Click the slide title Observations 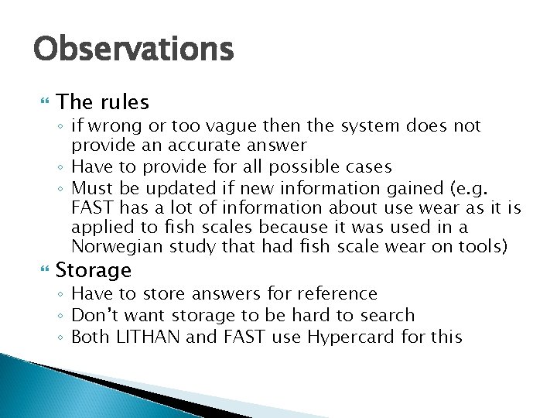tap(132, 50)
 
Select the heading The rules tap(102, 102)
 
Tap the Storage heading tap(94, 270)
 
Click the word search tap(387, 315)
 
